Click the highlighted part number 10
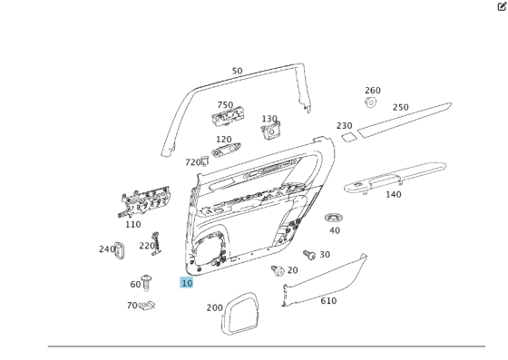186,283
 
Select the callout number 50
237,71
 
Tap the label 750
225,105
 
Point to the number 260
373,91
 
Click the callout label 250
400,107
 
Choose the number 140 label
393,194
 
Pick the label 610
327,301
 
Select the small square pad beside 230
348,137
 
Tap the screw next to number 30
308,256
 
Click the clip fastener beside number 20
278,270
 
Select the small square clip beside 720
206,161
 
